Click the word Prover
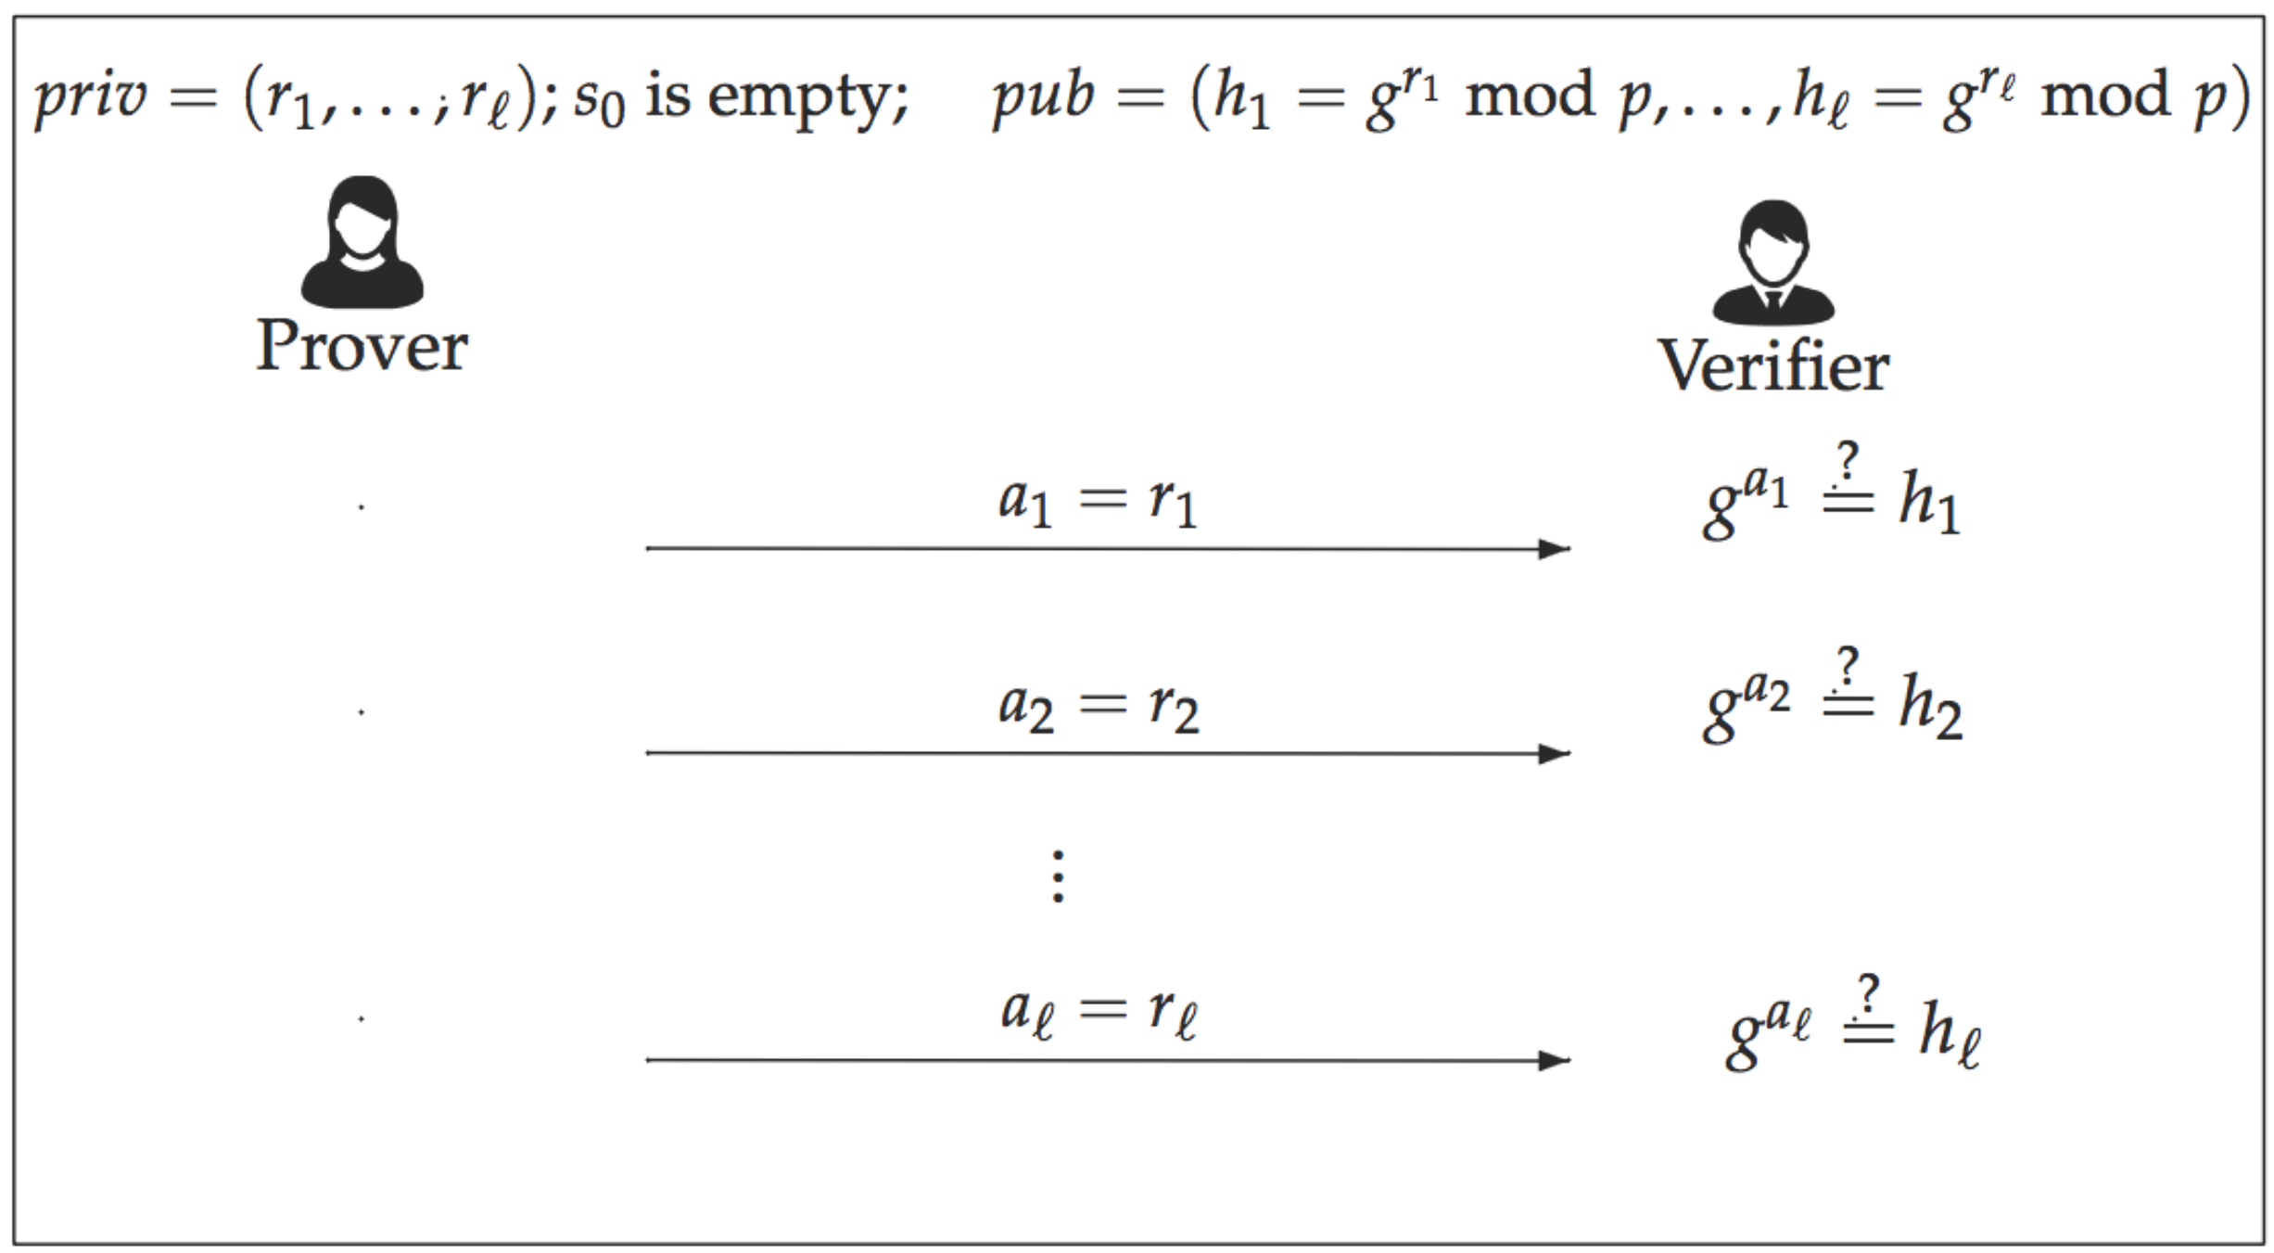pos(362,346)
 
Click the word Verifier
pos(1772,366)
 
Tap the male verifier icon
pos(1772,262)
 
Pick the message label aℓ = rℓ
pos(1099,1012)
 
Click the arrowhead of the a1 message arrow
pos(1554,549)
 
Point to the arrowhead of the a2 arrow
pos(1554,753)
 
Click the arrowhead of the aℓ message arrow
pos(1554,1060)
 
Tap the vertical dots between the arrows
pos(1059,876)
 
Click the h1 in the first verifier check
pos(1929,502)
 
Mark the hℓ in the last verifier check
pos(1950,1032)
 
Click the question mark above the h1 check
pos(1848,461)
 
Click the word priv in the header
pos(91,96)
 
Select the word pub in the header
pos(1044,96)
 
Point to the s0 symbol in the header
pos(599,100)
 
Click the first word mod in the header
pos(1529,96)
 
